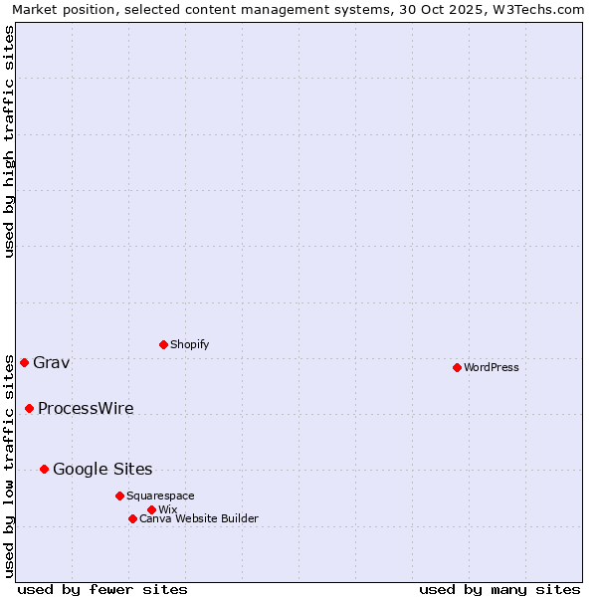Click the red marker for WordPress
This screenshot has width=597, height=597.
[x=457, y=367]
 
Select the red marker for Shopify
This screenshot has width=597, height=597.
[x=163, y=344]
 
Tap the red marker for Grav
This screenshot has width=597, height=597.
[x=24, y=362]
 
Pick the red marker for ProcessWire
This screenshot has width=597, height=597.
[x=29, y=408]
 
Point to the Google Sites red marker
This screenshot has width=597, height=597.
[x=44, y=469]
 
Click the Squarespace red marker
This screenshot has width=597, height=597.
[x=119, y=496]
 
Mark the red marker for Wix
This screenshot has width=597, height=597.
[x=151, y=509]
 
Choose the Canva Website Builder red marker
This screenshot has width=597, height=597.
[x=132, y=518]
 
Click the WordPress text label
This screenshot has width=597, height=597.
[x=492, y=367]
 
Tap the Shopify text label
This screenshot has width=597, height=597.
[x=190, y=344]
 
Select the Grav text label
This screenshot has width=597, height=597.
[x=52, y=362]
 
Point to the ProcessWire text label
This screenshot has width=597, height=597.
[x=86, y=408]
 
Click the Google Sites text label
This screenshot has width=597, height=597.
[x=102, y=469]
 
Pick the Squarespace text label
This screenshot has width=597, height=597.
[x=160, y=496]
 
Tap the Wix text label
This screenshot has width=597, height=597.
[x=167, y=509]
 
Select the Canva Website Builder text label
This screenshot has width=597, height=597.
[x=199, y=518]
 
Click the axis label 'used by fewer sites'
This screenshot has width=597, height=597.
[x=102, y=589]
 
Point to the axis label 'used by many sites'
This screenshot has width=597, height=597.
[x=499, y=589]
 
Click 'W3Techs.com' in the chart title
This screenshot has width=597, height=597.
[x=541, y=9]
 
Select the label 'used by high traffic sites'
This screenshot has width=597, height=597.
[x=9, y=141]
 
